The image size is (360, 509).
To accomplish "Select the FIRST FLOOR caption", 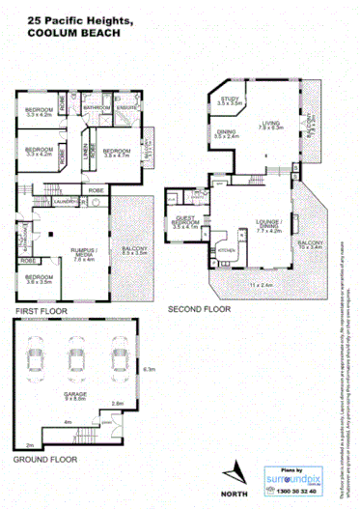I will point(40,312).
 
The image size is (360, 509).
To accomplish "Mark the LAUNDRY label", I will point(67,202).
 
